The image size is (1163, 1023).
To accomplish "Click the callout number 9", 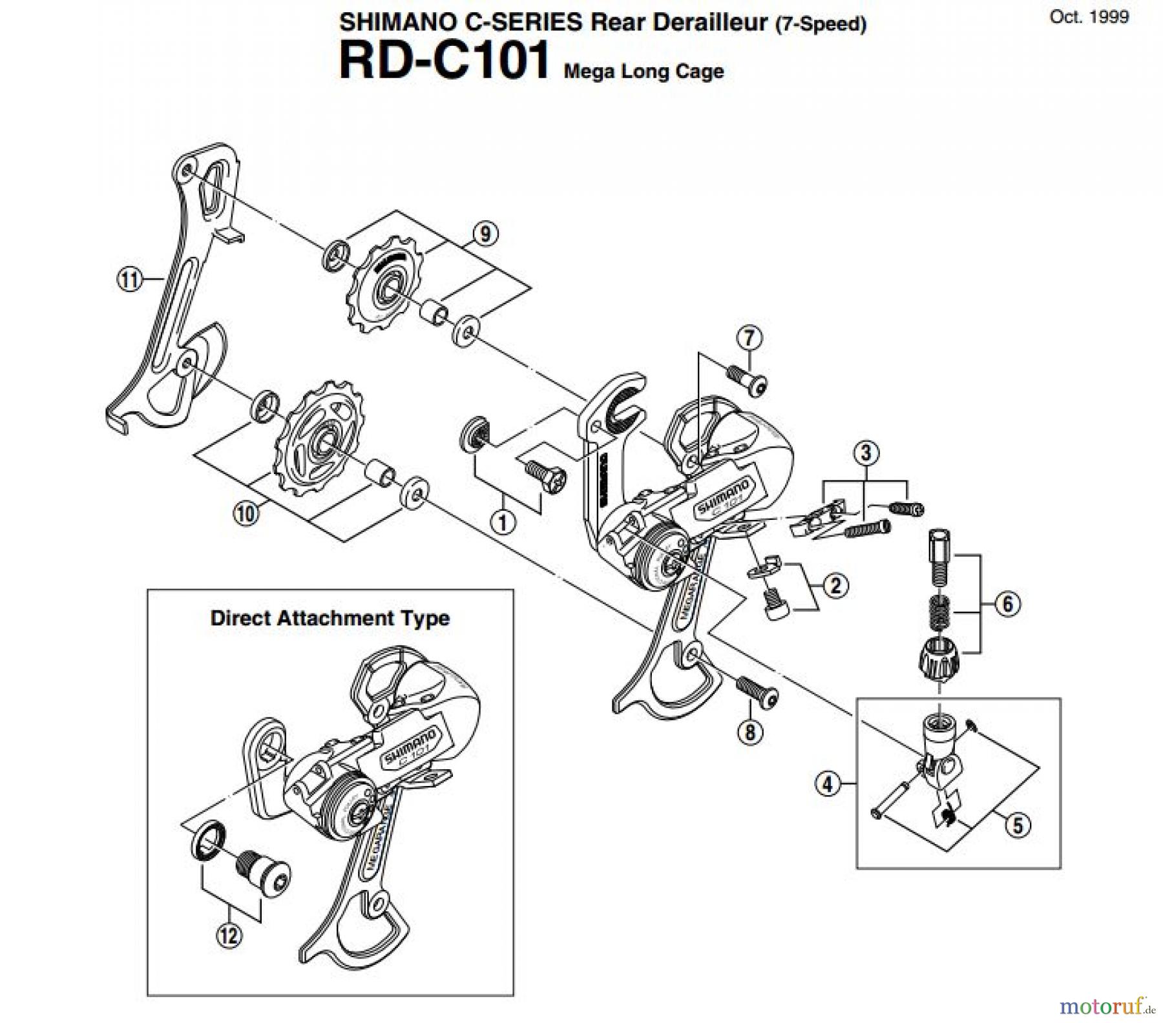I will coord(485,234).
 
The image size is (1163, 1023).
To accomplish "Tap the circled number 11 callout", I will coord(130,280).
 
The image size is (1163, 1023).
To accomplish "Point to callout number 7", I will coord(749,338).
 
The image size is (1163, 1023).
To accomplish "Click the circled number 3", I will coord(866,453).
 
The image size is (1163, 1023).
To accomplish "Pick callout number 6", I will coord(1007,604).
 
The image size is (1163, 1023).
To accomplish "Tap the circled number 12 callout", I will coord(229,935).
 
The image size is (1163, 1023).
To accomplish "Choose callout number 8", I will coord(749,732).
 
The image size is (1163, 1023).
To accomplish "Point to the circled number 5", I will coord(1018,825).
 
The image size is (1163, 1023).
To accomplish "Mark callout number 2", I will coord(835,586).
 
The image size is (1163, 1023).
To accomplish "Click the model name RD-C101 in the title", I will coord(444,60).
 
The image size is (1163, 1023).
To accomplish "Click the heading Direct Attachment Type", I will coord(330,618).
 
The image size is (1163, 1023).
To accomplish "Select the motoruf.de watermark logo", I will coord(1106,1006).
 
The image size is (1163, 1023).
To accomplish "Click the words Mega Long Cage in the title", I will coord(644,71).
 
